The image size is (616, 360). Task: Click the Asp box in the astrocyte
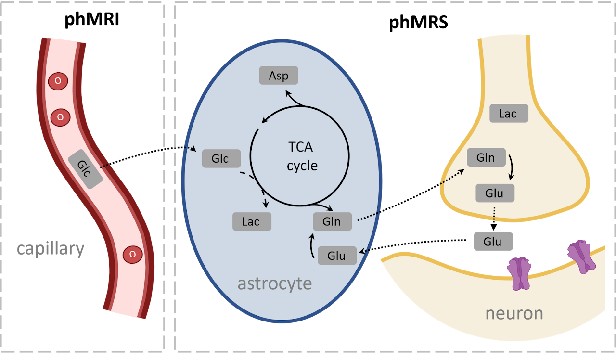point(279,76)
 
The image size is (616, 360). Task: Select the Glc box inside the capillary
point(85,168)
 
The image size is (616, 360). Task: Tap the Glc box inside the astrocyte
point(221,158)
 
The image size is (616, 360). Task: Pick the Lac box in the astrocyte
point(252,221)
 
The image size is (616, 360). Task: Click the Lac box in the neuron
point(509,114)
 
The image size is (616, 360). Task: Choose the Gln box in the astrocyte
point(332,221)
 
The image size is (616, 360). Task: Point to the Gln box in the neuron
point(486,158)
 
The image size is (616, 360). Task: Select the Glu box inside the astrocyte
point(337,256)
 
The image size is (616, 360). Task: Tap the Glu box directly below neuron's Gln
point(495,193)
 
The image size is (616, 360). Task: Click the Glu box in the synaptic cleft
point(493,241)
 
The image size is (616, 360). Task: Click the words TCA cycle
point(302,156)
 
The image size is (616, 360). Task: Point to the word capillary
point(51,249)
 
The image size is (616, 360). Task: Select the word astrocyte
point(275,283)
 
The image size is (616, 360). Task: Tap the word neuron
point(514,313)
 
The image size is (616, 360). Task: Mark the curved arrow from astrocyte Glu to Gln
point(311,246)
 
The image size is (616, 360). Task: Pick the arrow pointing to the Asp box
point(293,98)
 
